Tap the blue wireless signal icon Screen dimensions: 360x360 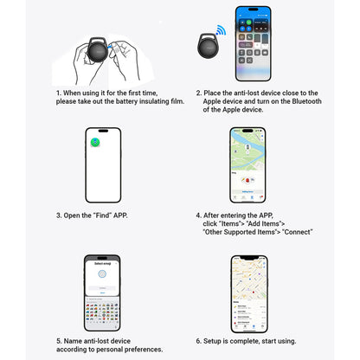(221, 31)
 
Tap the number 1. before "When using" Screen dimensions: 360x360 (60, 93)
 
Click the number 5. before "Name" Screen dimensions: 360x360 (60, 340)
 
